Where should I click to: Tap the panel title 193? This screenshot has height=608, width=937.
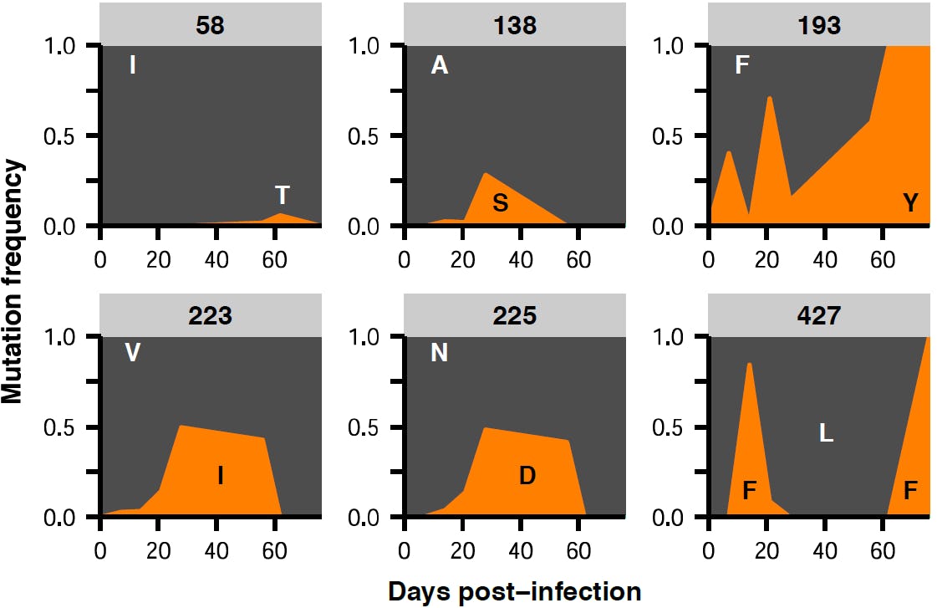coord(819,25)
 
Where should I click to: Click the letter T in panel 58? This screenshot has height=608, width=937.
coord(283,196)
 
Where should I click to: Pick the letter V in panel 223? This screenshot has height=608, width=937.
coord(132,354)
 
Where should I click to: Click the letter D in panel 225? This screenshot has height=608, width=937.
coord(527,477)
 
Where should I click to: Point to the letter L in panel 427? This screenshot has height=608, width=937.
coord(826,433)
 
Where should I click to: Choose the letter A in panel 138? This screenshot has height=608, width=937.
coord(439,66)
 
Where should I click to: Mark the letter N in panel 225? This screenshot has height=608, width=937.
coord(439,354)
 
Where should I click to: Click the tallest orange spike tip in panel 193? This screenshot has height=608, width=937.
coord(769,98)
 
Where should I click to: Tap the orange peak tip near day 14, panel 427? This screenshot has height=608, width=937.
coord(749,364)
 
